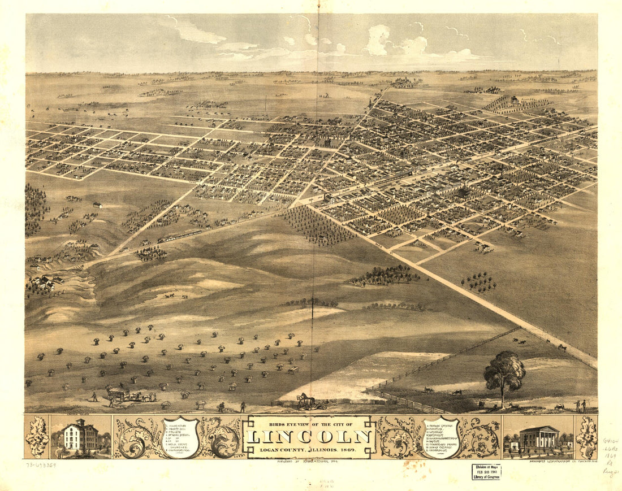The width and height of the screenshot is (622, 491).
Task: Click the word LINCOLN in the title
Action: tap(309, 436)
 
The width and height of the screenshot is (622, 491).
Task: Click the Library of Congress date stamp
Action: tap(486, 472)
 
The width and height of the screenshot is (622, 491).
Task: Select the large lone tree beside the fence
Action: tap(504, 373)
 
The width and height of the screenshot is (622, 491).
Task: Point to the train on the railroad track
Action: tap(179, 236)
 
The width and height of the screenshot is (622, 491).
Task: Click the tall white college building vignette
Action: tap(80, 437)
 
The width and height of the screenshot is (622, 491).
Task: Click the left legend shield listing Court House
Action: tap(180, 437)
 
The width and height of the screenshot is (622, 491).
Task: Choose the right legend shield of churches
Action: tap(442, 436)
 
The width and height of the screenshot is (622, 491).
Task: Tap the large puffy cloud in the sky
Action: tap(378, 40)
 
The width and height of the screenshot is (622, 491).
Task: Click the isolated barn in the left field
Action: tap(97, 205)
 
